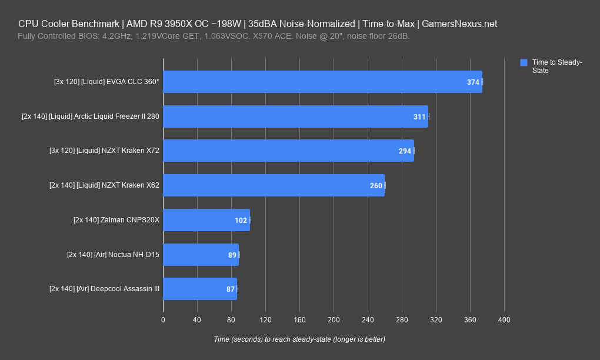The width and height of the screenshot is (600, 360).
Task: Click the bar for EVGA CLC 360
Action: click(x=322, y=82)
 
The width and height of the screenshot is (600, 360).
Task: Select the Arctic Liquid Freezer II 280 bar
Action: click(x=295, y=116)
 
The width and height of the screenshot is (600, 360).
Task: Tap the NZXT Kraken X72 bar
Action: click(x=288, y=151)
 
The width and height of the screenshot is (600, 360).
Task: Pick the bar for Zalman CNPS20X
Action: click(x=206, y=220)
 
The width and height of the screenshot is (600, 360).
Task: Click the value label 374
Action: click(x=473, y=82)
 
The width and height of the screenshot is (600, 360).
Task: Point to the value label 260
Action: click(x=376, y=186)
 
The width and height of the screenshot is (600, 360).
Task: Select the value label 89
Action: click(x=232, y=255)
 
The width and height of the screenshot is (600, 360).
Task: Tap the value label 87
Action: click(x=231, y=289)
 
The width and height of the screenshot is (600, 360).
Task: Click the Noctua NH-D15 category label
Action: click(x=113, y=255)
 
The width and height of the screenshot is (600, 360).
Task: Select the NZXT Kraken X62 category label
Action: click(x=104, y=185)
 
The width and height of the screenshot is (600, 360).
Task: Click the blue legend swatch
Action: click(x=524, y=62)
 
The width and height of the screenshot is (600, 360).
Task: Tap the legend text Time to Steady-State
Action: click(x=556, y=66)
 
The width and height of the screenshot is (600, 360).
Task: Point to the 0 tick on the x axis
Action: click(x=163, y=320)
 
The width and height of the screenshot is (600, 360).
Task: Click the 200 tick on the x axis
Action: click(x=334, y=320)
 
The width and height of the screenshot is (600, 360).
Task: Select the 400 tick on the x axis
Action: click(x=504, y=320)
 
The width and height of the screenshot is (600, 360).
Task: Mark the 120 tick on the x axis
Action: click(x=265, y=320)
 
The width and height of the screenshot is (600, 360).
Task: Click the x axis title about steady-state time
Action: click(x=299, y=339)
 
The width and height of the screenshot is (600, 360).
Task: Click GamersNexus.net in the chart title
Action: click(x=461, y=24)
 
